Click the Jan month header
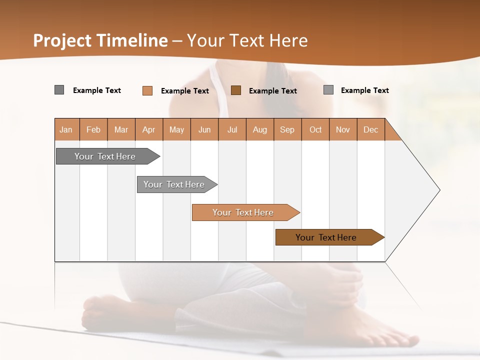pos(66,129)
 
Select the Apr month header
pos(149,129)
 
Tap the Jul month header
pos(232,129)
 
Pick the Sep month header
pos(287,129)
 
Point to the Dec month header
pos(370,129)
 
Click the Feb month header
pos(93,129)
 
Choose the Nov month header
pos(342,129)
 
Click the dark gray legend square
pos(59,90)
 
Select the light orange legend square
pos(147,90)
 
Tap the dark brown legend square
pos(236,90)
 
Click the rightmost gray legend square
pos(328,90)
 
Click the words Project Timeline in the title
pos(100,40)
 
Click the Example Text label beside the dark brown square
pos(272,91)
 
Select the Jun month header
pos(204,129)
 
